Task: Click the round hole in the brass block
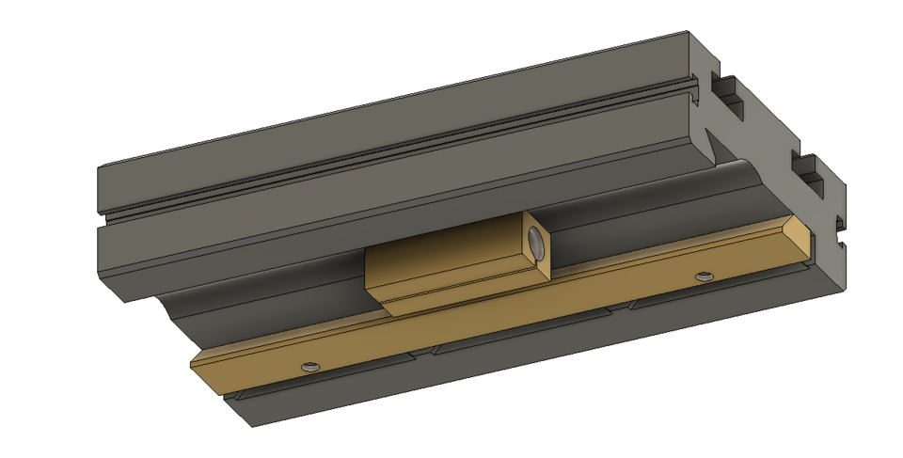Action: point(536,243)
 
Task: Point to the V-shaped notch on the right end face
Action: point(717,146)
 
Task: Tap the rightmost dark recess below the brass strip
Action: point(715,292)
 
